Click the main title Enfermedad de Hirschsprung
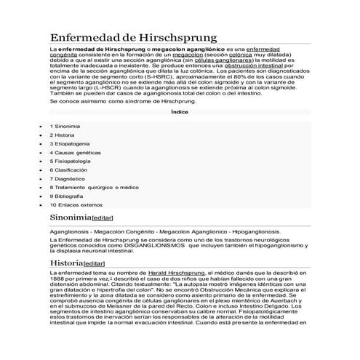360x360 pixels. pos(132,36)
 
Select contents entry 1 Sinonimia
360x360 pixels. pos(65,127)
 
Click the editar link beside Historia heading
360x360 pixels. pos(95,263)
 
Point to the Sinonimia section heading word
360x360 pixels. pos(70,217)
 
